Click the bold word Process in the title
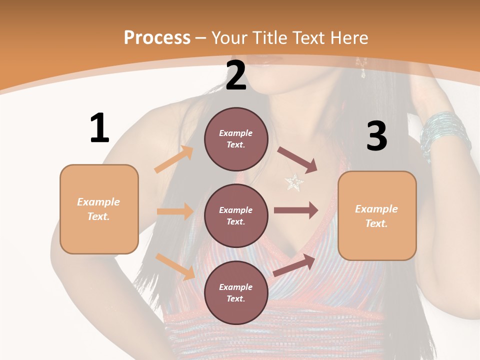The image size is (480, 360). [157, 38]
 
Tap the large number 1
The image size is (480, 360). [99, 128]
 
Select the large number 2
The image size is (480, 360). [236, 75]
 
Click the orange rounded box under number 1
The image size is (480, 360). [99, 209]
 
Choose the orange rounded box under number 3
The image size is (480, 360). [377, 216]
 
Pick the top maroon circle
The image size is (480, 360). [236, 139]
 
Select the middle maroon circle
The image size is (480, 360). [236, 215]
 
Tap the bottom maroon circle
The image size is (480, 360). [236, 292]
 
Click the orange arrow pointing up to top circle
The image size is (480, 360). [174, 159]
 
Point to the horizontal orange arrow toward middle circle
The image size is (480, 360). [175, 211]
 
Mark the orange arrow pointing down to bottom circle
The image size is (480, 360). [175, 266]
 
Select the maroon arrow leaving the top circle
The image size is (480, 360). [297, 160]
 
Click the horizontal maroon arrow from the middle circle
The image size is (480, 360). [296, 210]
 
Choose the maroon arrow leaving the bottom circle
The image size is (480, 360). [294, 265]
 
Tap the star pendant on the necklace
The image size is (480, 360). [294, 182]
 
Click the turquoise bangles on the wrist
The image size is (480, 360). [444, 134]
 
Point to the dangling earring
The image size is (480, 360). [361, 67]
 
